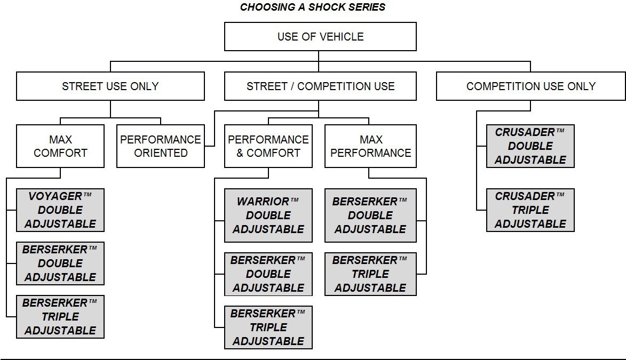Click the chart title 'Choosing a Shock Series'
(313, 7)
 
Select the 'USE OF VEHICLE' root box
(320, 37)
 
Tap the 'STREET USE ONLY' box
(110, 86)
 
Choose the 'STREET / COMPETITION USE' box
(320, 86)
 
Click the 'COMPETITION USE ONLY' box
(530, 86)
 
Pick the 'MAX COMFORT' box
(60, 146)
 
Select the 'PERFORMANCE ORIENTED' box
(160, 146)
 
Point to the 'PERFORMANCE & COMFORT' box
(268, 146)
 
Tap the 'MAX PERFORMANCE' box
(370, 146)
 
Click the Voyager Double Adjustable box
(60, 210)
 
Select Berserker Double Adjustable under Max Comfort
(60, 263)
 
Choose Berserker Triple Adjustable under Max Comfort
(60, 317)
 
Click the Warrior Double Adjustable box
(268, 215)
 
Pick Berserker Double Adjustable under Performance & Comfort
(268, 274)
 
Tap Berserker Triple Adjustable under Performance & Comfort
(268, 327)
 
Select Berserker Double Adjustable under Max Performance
(370, 215)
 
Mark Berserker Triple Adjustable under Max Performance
(370, 274)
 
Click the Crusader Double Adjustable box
(530, 146)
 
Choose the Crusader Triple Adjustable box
(530, 210)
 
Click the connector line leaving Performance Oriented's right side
(209, 146)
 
